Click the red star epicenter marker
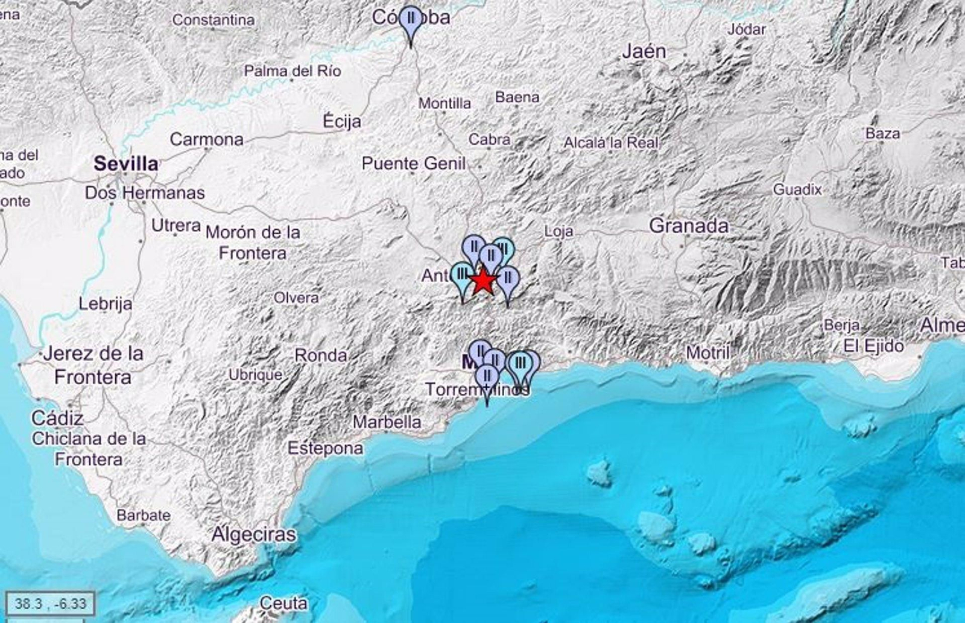pos(482,281)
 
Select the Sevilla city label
pos(126,163)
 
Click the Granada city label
pos(689,226)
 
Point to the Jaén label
pos(644,52)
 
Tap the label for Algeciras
pos(254,534)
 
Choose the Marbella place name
pos(387,422)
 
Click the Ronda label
pos(320,355)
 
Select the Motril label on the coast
pos(709,352)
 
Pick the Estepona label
pos(325,448)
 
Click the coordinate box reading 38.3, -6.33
pos(51,603)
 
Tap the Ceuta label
pos(283,602)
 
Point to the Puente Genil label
pos(414,163)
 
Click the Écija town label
pos(342,121)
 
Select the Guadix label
pos(797,190)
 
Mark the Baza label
pos(882,133)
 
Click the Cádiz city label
pos(57,417)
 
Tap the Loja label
pos(558,231)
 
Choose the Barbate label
pos(144,515)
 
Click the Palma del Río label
pos(293,71)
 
